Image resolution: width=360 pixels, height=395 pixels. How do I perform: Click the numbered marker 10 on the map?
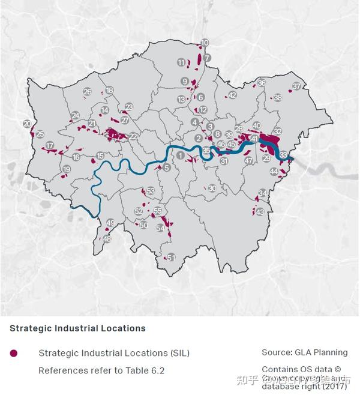pyautogui.click(x=205, y=43)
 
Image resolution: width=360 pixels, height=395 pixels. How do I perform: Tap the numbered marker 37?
pyautogui.click(x=296, y=86)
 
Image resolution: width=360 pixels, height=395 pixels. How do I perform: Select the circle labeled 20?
pyautogui.click(x=27, y=124)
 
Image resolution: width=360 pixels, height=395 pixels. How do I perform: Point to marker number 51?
pyautogui.click(x=171, y=257)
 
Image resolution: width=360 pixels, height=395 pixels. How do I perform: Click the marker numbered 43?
pyautogui.click(x=260, y=212)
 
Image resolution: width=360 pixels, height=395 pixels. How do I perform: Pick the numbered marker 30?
pyautogui.click(x=212, y=188)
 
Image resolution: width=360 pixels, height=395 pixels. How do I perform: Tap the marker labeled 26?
pyautogui.click(x=88, y=92)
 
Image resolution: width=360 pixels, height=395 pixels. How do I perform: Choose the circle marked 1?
pyautogui.click(x=180, y=155)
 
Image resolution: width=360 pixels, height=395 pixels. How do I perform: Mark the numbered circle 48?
pyautogui.click(x=107, y=238)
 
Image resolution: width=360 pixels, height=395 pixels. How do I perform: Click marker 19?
pyautogui.click(x=67, y=170)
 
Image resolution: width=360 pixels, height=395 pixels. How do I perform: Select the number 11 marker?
pyautogui.click(x=181, y=62)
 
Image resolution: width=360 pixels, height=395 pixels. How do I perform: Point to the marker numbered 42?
pyautogui.click(x=232, y=95)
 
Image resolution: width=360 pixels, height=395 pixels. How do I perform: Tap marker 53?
pyautogui.click(x=151, y=191)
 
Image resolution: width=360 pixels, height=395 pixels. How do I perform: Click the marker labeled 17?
pyautogui.click(x=50, y=145)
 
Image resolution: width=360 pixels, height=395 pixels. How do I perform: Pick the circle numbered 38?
pyautogui.click(x=277, y=97)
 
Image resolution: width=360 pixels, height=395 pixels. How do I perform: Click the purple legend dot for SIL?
pyautogui.click(x=14, y=353)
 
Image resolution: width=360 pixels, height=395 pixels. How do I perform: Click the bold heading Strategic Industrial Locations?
pyautogui.click(x=77, y=328)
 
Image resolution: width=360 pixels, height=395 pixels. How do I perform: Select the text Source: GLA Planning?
pyautogui.click(x=304, y=352)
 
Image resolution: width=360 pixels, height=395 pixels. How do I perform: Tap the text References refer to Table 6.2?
pyautogui.click(x=101, y=370)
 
